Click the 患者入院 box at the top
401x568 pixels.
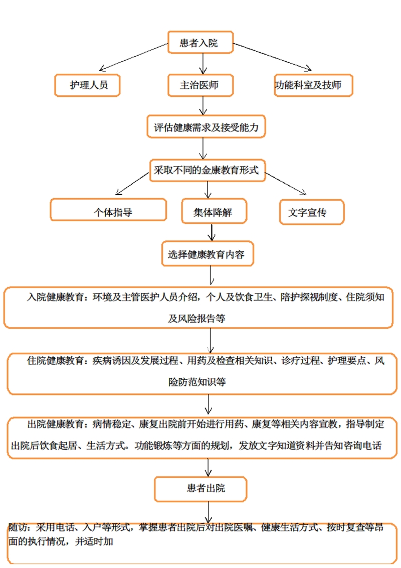point(199,42)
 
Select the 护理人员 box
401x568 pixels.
point(88,85)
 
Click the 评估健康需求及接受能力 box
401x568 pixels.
point(206,127)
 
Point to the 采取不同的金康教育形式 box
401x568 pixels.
point(206,171)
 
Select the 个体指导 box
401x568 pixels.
point(108,211)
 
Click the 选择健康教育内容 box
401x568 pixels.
point(206,254)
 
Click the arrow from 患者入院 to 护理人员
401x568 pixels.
point(133,57)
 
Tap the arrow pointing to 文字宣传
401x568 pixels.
point(286,184)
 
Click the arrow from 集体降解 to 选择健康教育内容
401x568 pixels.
point(212,232)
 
